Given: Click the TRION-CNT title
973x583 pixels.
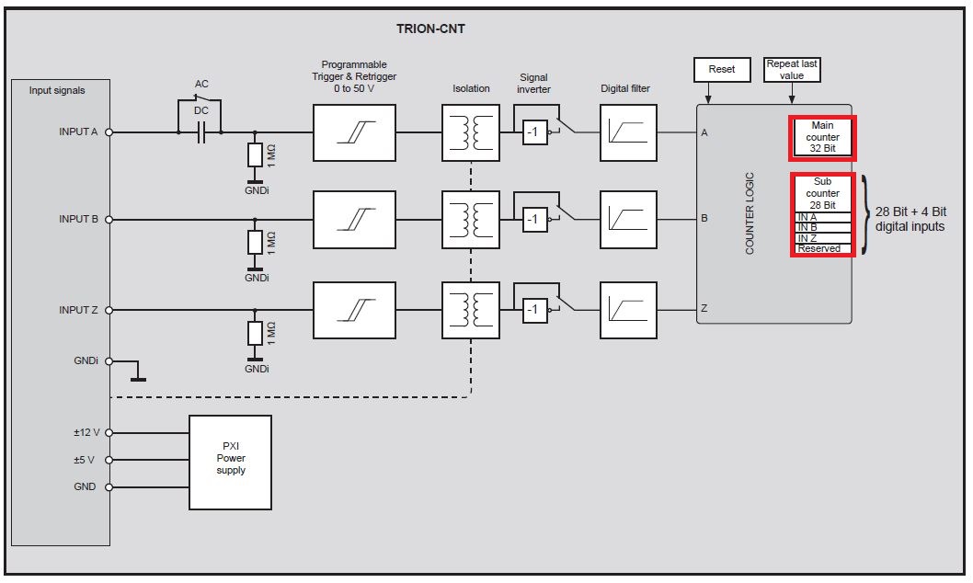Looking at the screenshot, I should pyautogui.click(x=430, y=29).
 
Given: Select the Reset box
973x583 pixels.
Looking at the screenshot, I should pyautogui.click(x=722, y=69).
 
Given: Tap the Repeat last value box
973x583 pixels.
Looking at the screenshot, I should pyautogui.click(x=792, y=70).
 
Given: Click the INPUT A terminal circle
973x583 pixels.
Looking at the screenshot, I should pyautogui.click(x=109, y=132).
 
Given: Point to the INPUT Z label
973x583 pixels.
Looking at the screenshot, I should pyautogui.click(x=78, y=310).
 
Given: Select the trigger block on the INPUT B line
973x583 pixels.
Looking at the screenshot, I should pyautogui.click(x=354, y=220).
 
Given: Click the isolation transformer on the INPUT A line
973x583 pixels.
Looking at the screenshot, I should pyautogui.click(x=471, y=132).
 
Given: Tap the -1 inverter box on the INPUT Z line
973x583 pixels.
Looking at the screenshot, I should pyautogui.click(x=533, y=310).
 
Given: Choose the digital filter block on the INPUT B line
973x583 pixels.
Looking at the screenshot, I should pyautogui.click(x=629, y=220).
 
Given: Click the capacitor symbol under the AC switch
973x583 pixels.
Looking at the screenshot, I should pyautogui.click(x=200, y=132).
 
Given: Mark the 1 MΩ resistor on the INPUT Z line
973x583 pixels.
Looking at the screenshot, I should pyautogui.click(x=255, y=334).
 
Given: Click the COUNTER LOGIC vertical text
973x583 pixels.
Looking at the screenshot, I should pyautogui.click(x=750, y=213).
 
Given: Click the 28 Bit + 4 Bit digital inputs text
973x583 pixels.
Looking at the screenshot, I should pyautogui.click(x=910, y=220).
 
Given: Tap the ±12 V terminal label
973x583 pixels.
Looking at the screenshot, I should pyautogui.click(x=86, y=432).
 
